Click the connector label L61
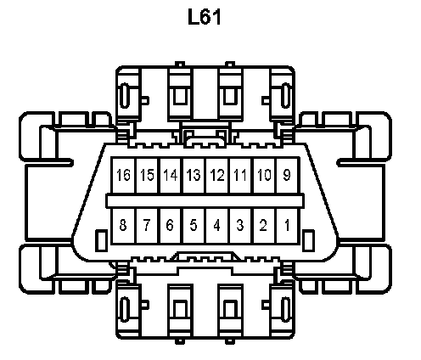(205, 17)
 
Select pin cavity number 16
(124, 175)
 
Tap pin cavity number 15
(148, 175)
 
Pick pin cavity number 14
(171, 175)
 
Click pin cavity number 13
(194, 175)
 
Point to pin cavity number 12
(217, 175)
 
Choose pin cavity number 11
(241, 175)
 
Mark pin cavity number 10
(265, 175)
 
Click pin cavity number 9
(287, 175)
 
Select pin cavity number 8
(124, 226)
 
